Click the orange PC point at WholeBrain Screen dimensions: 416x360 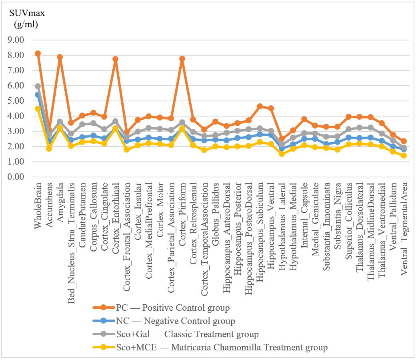tap(38, 53)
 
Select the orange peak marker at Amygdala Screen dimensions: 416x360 tap(60, 57)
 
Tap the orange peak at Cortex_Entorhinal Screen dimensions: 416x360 tap(115, 59)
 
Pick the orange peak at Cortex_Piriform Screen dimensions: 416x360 tap(182, 58)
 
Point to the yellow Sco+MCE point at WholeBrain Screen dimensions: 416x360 tap(38, 109)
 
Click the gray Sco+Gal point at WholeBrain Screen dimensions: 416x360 tap(38, 86)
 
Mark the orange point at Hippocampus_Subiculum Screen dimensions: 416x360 tap(260, 106)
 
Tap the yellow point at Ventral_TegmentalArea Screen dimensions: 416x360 tap(404, 155)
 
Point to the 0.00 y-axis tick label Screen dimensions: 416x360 tap(16, 177)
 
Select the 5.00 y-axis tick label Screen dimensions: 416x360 tap(16, 101)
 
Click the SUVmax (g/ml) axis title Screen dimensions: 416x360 tap(27, 18)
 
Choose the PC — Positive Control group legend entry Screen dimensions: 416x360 tap(161, 308)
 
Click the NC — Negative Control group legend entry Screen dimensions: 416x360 tap(164, 321)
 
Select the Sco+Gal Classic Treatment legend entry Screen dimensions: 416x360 tap(176, 334)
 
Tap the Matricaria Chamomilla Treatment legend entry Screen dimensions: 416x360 tap(210, 347)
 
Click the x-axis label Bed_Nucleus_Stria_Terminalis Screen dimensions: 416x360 tap(71, 243)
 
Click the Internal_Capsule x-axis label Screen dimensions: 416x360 tap(304, 215)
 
